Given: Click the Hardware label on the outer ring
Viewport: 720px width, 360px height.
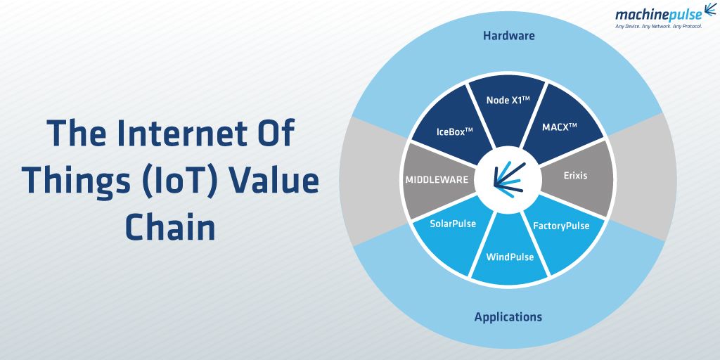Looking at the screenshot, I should click(508, 35).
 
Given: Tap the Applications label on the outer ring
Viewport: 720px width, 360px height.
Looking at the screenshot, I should click(508, 316).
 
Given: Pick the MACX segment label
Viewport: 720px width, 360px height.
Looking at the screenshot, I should click(560, 127).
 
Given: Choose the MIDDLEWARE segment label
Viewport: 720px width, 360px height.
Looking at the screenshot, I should click(436, 179).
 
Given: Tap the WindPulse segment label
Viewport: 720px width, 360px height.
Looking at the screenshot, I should click(510, 257).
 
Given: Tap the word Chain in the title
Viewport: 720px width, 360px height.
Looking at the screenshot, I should click(170, 227).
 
